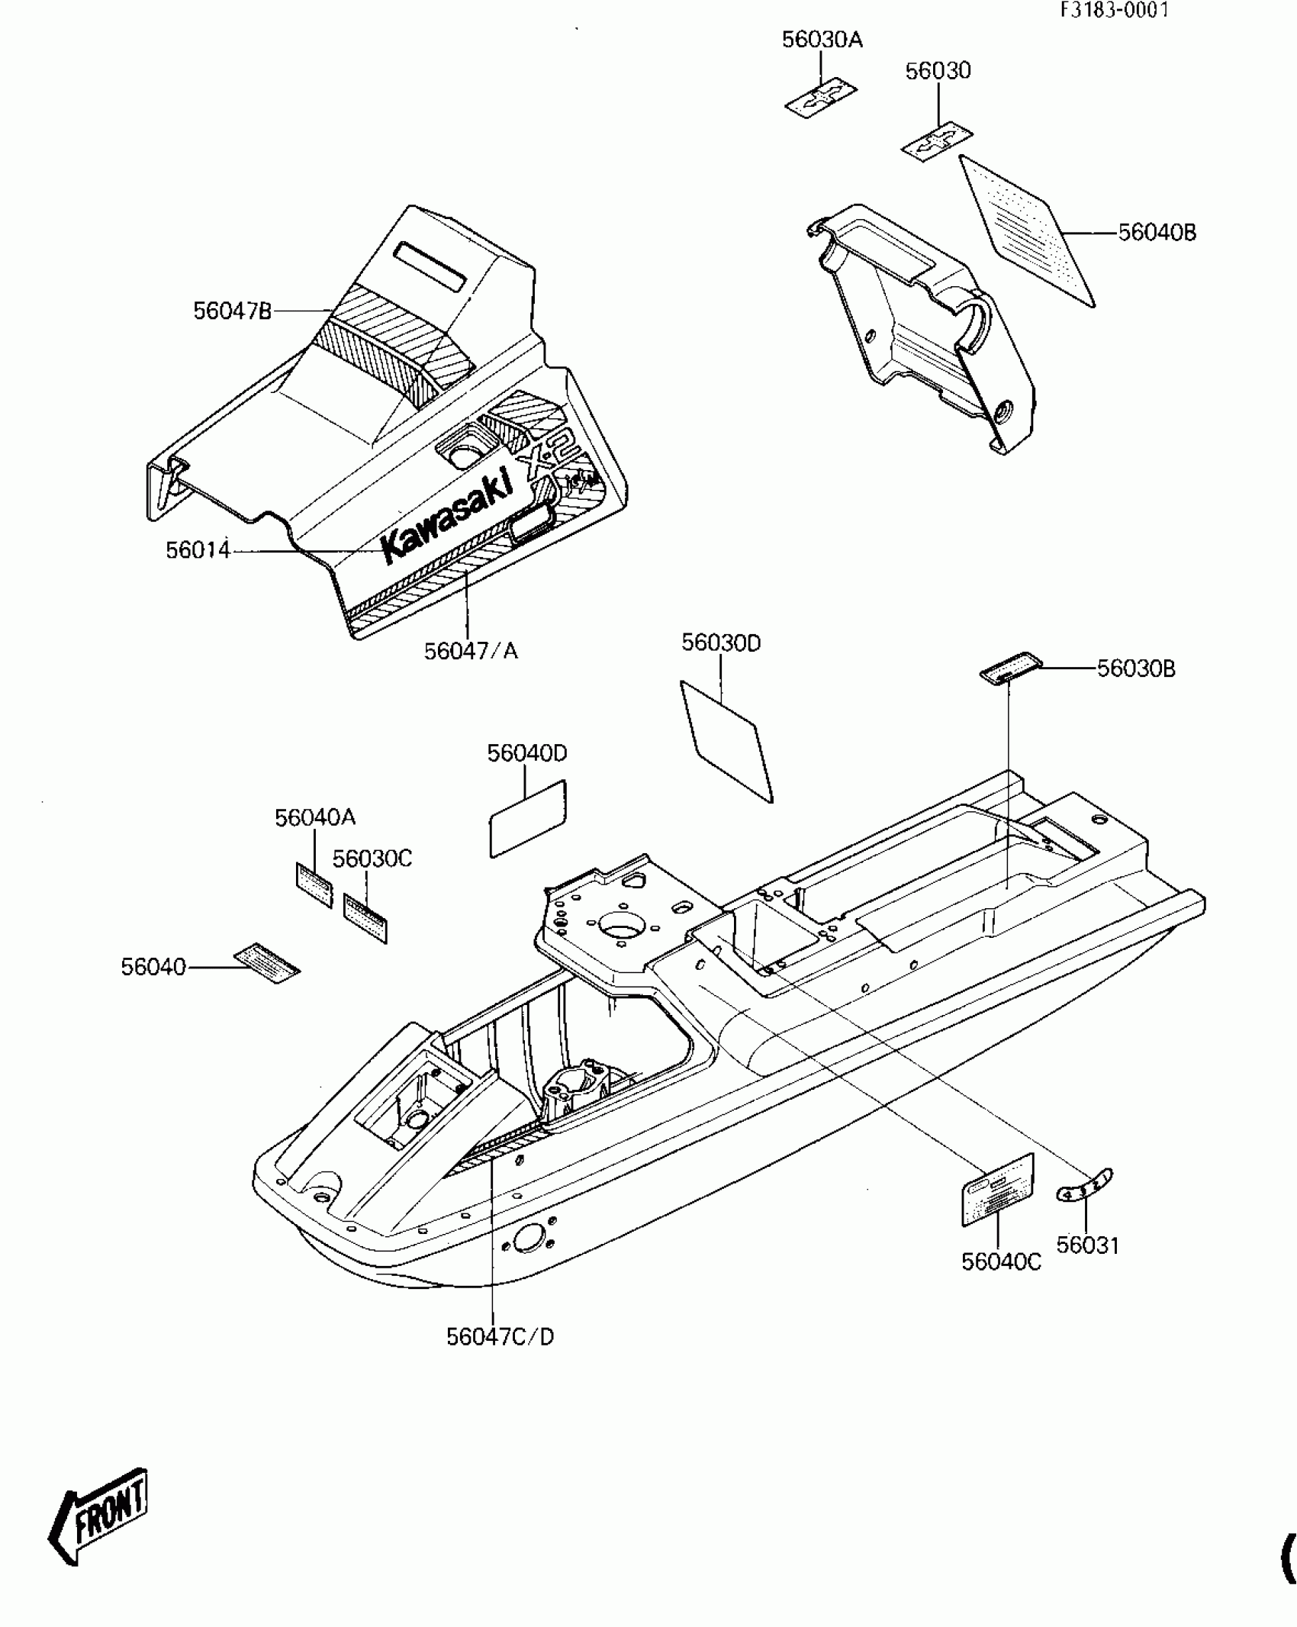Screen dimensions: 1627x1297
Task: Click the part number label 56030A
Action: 822,40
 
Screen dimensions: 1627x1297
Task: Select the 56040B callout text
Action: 1157,232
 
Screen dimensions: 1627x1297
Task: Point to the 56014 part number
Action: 198,549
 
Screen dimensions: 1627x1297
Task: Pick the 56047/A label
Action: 471,651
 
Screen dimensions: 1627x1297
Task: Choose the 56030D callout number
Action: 721,643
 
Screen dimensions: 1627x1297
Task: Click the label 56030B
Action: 1136,669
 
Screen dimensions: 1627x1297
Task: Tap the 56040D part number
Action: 527,753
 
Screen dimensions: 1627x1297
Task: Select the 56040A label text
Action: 315,817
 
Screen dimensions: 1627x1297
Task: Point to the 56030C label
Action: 372,859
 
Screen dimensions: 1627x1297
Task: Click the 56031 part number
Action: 1087,1245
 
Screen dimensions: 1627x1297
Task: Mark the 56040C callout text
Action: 1001,1261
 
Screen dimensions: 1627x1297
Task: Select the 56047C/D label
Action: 500,1336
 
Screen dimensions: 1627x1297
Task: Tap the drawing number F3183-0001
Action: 1113,10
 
